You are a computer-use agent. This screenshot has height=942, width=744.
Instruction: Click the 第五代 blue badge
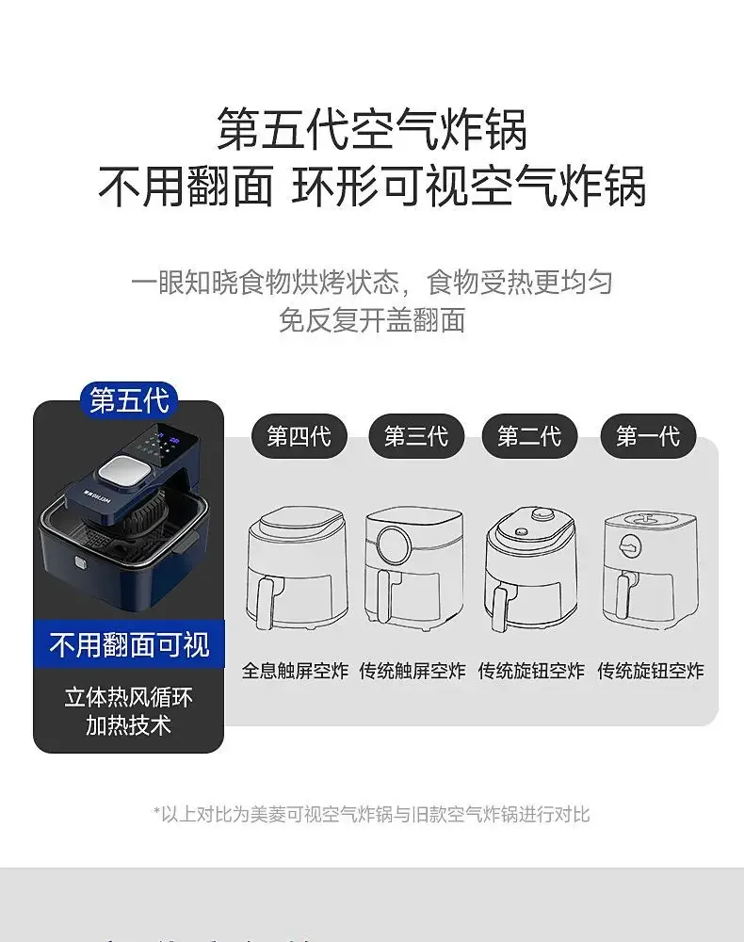pos(129,399)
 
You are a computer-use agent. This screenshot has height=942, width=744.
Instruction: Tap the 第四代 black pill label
pos(298,437)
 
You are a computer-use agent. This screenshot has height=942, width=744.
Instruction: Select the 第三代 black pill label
pos(415,437)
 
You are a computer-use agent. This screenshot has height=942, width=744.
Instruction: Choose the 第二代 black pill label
pos(529,437)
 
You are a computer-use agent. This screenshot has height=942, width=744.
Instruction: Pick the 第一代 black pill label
pos(647,437)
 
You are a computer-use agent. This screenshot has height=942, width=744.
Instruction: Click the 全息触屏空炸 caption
pos(296,671)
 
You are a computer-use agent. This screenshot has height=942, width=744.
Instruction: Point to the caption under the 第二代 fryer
pos(531,671)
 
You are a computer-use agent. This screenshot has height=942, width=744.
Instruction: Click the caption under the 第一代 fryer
pos(650,671)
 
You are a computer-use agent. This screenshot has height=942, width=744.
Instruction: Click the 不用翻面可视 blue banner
pos(129,645)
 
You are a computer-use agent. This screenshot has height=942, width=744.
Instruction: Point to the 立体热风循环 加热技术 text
pos(129,711)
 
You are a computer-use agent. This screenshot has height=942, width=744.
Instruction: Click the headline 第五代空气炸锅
pos(372,129)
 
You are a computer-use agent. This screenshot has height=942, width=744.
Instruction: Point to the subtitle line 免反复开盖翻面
pos(372,320)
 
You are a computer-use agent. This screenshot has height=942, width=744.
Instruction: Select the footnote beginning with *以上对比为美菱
pos(372,814)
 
